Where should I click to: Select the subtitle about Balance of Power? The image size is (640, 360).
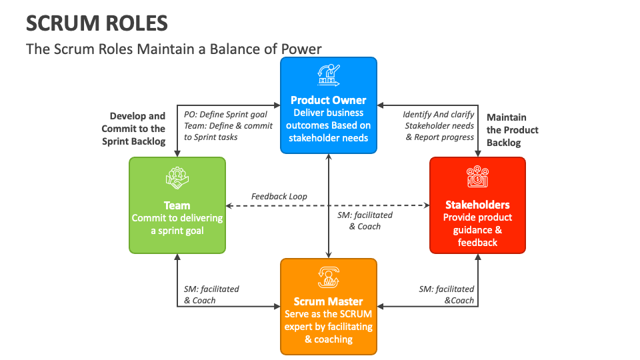click(x=173, y=49)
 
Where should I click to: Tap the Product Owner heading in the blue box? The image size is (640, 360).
click(x=328, y=100)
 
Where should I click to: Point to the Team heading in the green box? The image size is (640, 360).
click(x=177, y=205)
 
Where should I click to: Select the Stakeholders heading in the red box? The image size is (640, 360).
click(x=477, y=205)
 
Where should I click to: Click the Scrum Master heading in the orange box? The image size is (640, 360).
click(x=328, y=301)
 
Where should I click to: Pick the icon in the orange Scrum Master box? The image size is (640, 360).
click(x=328, y=277)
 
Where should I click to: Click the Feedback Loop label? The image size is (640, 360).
click(x=279, y=197)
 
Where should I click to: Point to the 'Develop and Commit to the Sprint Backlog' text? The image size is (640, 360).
click(x=134, y=129)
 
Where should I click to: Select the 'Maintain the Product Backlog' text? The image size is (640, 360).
click(x=512, y=130)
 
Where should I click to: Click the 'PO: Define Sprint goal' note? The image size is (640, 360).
click(x=225, y=114)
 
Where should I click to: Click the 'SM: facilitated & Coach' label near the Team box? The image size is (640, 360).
click(x=211, y=295)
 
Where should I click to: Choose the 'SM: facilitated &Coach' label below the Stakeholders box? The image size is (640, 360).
click(x=446, y=295)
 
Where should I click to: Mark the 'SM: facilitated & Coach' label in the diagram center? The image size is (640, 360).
click(x=365, y=221)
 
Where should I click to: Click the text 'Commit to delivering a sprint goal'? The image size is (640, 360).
click(x=177, y=225)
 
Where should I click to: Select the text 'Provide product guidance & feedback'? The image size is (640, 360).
click(x=477, y=230)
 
